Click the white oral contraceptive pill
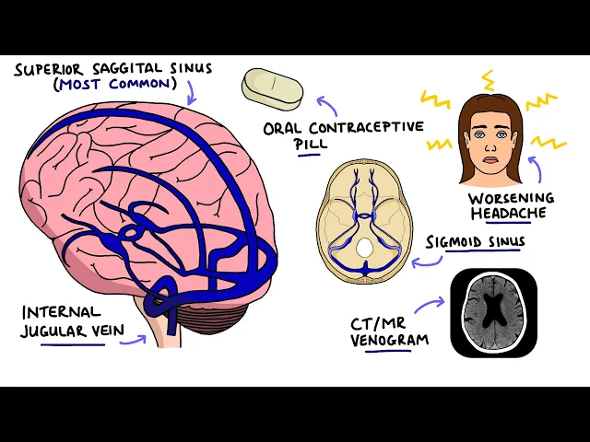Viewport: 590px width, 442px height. point(272,87)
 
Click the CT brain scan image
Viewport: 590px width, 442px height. point(493,313)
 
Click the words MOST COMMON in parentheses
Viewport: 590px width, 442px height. point(116,85)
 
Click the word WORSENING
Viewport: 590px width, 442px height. point(510,198)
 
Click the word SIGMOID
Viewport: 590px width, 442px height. point(456,241)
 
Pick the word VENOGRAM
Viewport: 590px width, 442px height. point(390,339)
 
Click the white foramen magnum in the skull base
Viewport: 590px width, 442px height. point(365,247)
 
